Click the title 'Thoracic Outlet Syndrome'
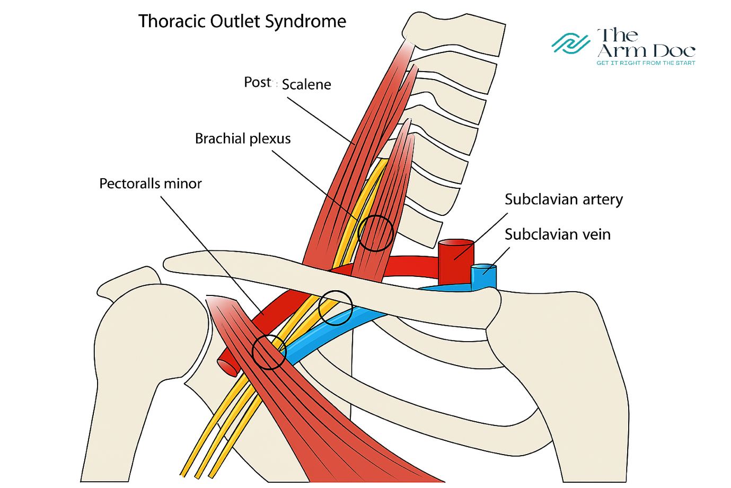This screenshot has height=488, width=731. click(242, 22)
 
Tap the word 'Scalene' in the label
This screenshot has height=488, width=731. click(306, 84)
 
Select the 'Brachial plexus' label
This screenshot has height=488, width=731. click(243, 139)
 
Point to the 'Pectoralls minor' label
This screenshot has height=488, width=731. click(151, 184)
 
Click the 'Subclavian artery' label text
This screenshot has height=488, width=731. click(563, 199)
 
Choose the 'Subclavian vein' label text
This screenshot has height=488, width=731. click(557, 234)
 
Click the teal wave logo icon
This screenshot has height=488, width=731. click(570, 43)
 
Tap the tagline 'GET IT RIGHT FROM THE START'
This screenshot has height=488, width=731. click(646, 63)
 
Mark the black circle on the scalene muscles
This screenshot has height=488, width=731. click(375, 233)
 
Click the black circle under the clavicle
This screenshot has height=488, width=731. click(336, 308)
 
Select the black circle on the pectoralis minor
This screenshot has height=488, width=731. click(269, 352)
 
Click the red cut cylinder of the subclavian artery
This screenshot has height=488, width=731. click(456, 261)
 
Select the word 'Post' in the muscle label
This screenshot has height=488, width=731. click(258, 83)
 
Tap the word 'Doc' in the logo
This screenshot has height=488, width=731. click(674, 51)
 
